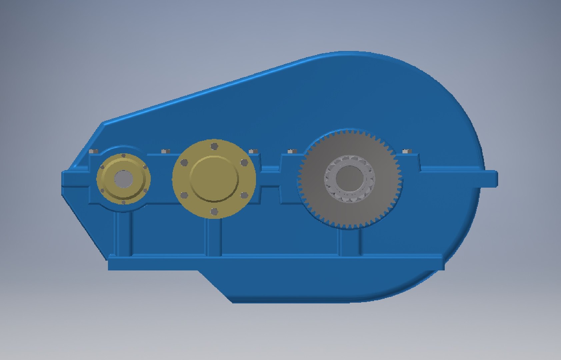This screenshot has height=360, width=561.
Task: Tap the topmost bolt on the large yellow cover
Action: [214, 146]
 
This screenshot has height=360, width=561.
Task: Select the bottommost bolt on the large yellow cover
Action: [214, 211]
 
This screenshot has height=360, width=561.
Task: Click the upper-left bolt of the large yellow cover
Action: [184, 163]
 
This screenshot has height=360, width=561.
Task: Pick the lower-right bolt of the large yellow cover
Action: [244, 195]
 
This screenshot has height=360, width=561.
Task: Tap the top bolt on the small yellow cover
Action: [124, 156]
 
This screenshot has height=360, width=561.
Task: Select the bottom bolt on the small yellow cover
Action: [124, 202]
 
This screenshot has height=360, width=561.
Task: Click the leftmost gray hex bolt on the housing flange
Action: [94, 151]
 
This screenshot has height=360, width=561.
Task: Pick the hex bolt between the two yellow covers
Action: [166, 151]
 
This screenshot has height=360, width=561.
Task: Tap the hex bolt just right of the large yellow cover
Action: [253, 151]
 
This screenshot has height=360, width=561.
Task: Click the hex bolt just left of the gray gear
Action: [292, 151]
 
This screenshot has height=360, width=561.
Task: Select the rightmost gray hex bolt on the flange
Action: [406, 151]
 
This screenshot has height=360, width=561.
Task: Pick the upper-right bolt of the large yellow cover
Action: [244, 162]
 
